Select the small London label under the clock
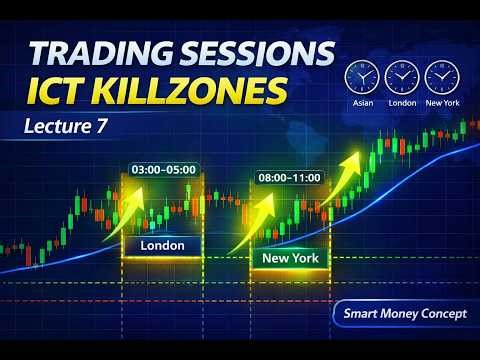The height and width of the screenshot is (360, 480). (x=400, y=103)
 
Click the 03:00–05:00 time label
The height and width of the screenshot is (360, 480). (x=162, y=169)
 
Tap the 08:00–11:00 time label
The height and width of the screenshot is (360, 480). (x=288, y=177)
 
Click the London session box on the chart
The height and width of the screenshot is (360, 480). (x=162, y=245)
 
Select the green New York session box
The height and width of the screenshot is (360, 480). (x=288, y=258)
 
